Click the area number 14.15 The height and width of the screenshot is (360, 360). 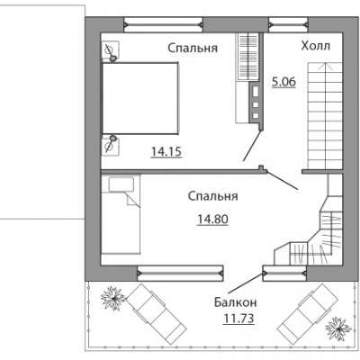tap(166, 152)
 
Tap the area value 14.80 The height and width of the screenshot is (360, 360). tap(212, 220)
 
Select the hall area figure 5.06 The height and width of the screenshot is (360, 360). tap(283, 82)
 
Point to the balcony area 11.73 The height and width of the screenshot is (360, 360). tap(238, 319)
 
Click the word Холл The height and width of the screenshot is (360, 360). tap(316, 46)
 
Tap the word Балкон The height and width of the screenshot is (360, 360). tap(236, 302)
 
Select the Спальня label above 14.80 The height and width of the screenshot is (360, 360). tap(213, 196)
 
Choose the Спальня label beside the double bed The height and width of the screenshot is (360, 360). tap(193, 48)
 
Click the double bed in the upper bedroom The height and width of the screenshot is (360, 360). tap(140, 98)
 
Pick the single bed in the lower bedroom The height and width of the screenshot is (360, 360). tap(121, 215)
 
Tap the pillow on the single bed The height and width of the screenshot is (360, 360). tap(121, 184)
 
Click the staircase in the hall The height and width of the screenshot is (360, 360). tap(325, 115)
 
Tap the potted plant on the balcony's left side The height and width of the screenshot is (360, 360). tap(113, 298)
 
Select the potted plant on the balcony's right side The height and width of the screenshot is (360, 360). tap(338, 328)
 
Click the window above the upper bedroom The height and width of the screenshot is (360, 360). tap(164, 24)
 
